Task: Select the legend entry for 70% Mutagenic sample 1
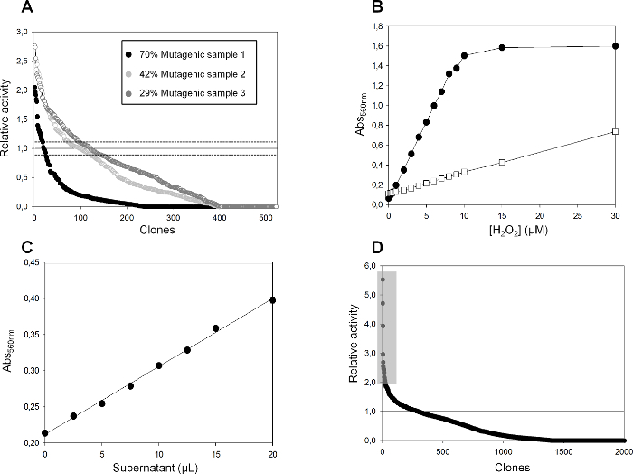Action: (180, 53)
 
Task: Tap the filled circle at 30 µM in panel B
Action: (615, 46)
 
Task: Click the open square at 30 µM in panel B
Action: (615, 132)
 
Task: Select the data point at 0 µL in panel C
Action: (45, 433)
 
